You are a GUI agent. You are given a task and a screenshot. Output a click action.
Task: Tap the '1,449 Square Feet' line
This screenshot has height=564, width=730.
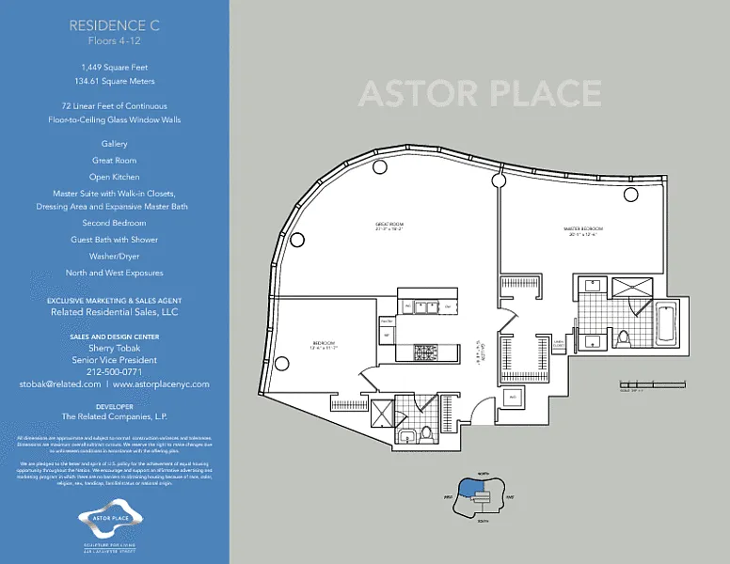115,68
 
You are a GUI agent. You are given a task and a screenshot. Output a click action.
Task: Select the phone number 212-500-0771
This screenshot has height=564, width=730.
115,371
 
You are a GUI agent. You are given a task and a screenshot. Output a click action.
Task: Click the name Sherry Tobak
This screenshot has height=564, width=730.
115,348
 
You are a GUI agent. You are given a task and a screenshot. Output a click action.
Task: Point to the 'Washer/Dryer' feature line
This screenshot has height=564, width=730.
115,256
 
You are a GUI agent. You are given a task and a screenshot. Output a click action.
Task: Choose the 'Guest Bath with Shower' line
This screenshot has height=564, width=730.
115,240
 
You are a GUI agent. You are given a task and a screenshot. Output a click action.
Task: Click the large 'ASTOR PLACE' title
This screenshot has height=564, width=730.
480,94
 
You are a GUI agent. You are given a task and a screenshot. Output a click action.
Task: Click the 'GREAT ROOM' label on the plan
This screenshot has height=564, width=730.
389,225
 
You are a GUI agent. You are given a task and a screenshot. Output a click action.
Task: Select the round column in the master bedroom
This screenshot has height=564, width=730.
631,194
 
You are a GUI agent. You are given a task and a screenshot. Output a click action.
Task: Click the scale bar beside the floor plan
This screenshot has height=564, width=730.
648,384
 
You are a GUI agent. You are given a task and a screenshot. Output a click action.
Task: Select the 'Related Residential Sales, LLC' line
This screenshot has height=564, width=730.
115,312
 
